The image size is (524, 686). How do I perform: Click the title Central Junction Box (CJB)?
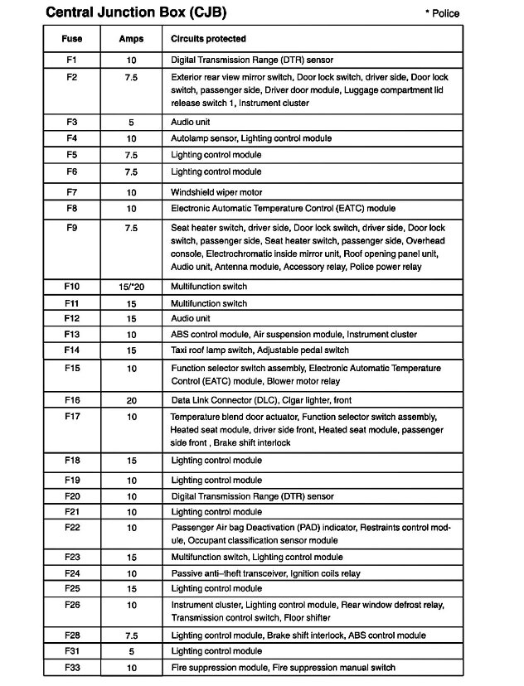(135, 12)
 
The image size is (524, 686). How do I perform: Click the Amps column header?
(131, 39)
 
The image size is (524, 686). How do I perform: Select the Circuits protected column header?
(208, 39)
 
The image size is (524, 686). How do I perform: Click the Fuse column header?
(71, 39)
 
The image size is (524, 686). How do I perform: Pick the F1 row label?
(71, 60)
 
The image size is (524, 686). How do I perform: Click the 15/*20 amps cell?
(131, 287)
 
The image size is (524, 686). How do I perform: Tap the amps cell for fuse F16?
(131, 400)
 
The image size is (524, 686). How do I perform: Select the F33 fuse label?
(71, 667)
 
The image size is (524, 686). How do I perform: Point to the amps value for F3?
(131, 122)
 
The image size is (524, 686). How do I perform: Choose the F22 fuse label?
(71, 528)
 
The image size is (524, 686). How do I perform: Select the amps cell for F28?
(131, 635)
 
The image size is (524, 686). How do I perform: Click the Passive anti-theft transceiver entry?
(228, 573)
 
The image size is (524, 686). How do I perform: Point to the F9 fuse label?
(71, 227)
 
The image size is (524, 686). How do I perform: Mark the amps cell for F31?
(131, 651)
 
